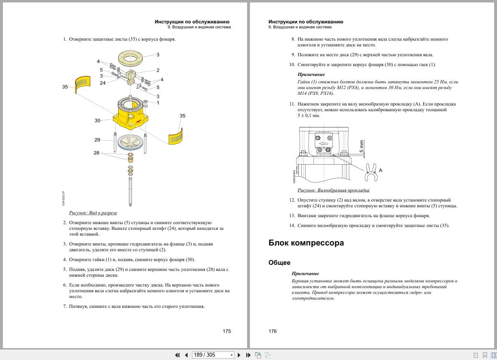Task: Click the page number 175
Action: coord(227,331)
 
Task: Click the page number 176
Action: coord(273,331)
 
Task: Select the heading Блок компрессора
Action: coord(306,243)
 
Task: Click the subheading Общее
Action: coord(279,263)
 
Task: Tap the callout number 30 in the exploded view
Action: coord(97,121)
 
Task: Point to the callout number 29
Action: coord(97,140)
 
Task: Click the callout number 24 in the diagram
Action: coord(103,83)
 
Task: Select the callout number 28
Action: coord(96,153)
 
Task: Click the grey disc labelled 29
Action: coord(131,142)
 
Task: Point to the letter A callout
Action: coord(380,170)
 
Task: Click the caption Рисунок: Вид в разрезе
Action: coord(93,213)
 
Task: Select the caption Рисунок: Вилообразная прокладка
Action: coord(333,190)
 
